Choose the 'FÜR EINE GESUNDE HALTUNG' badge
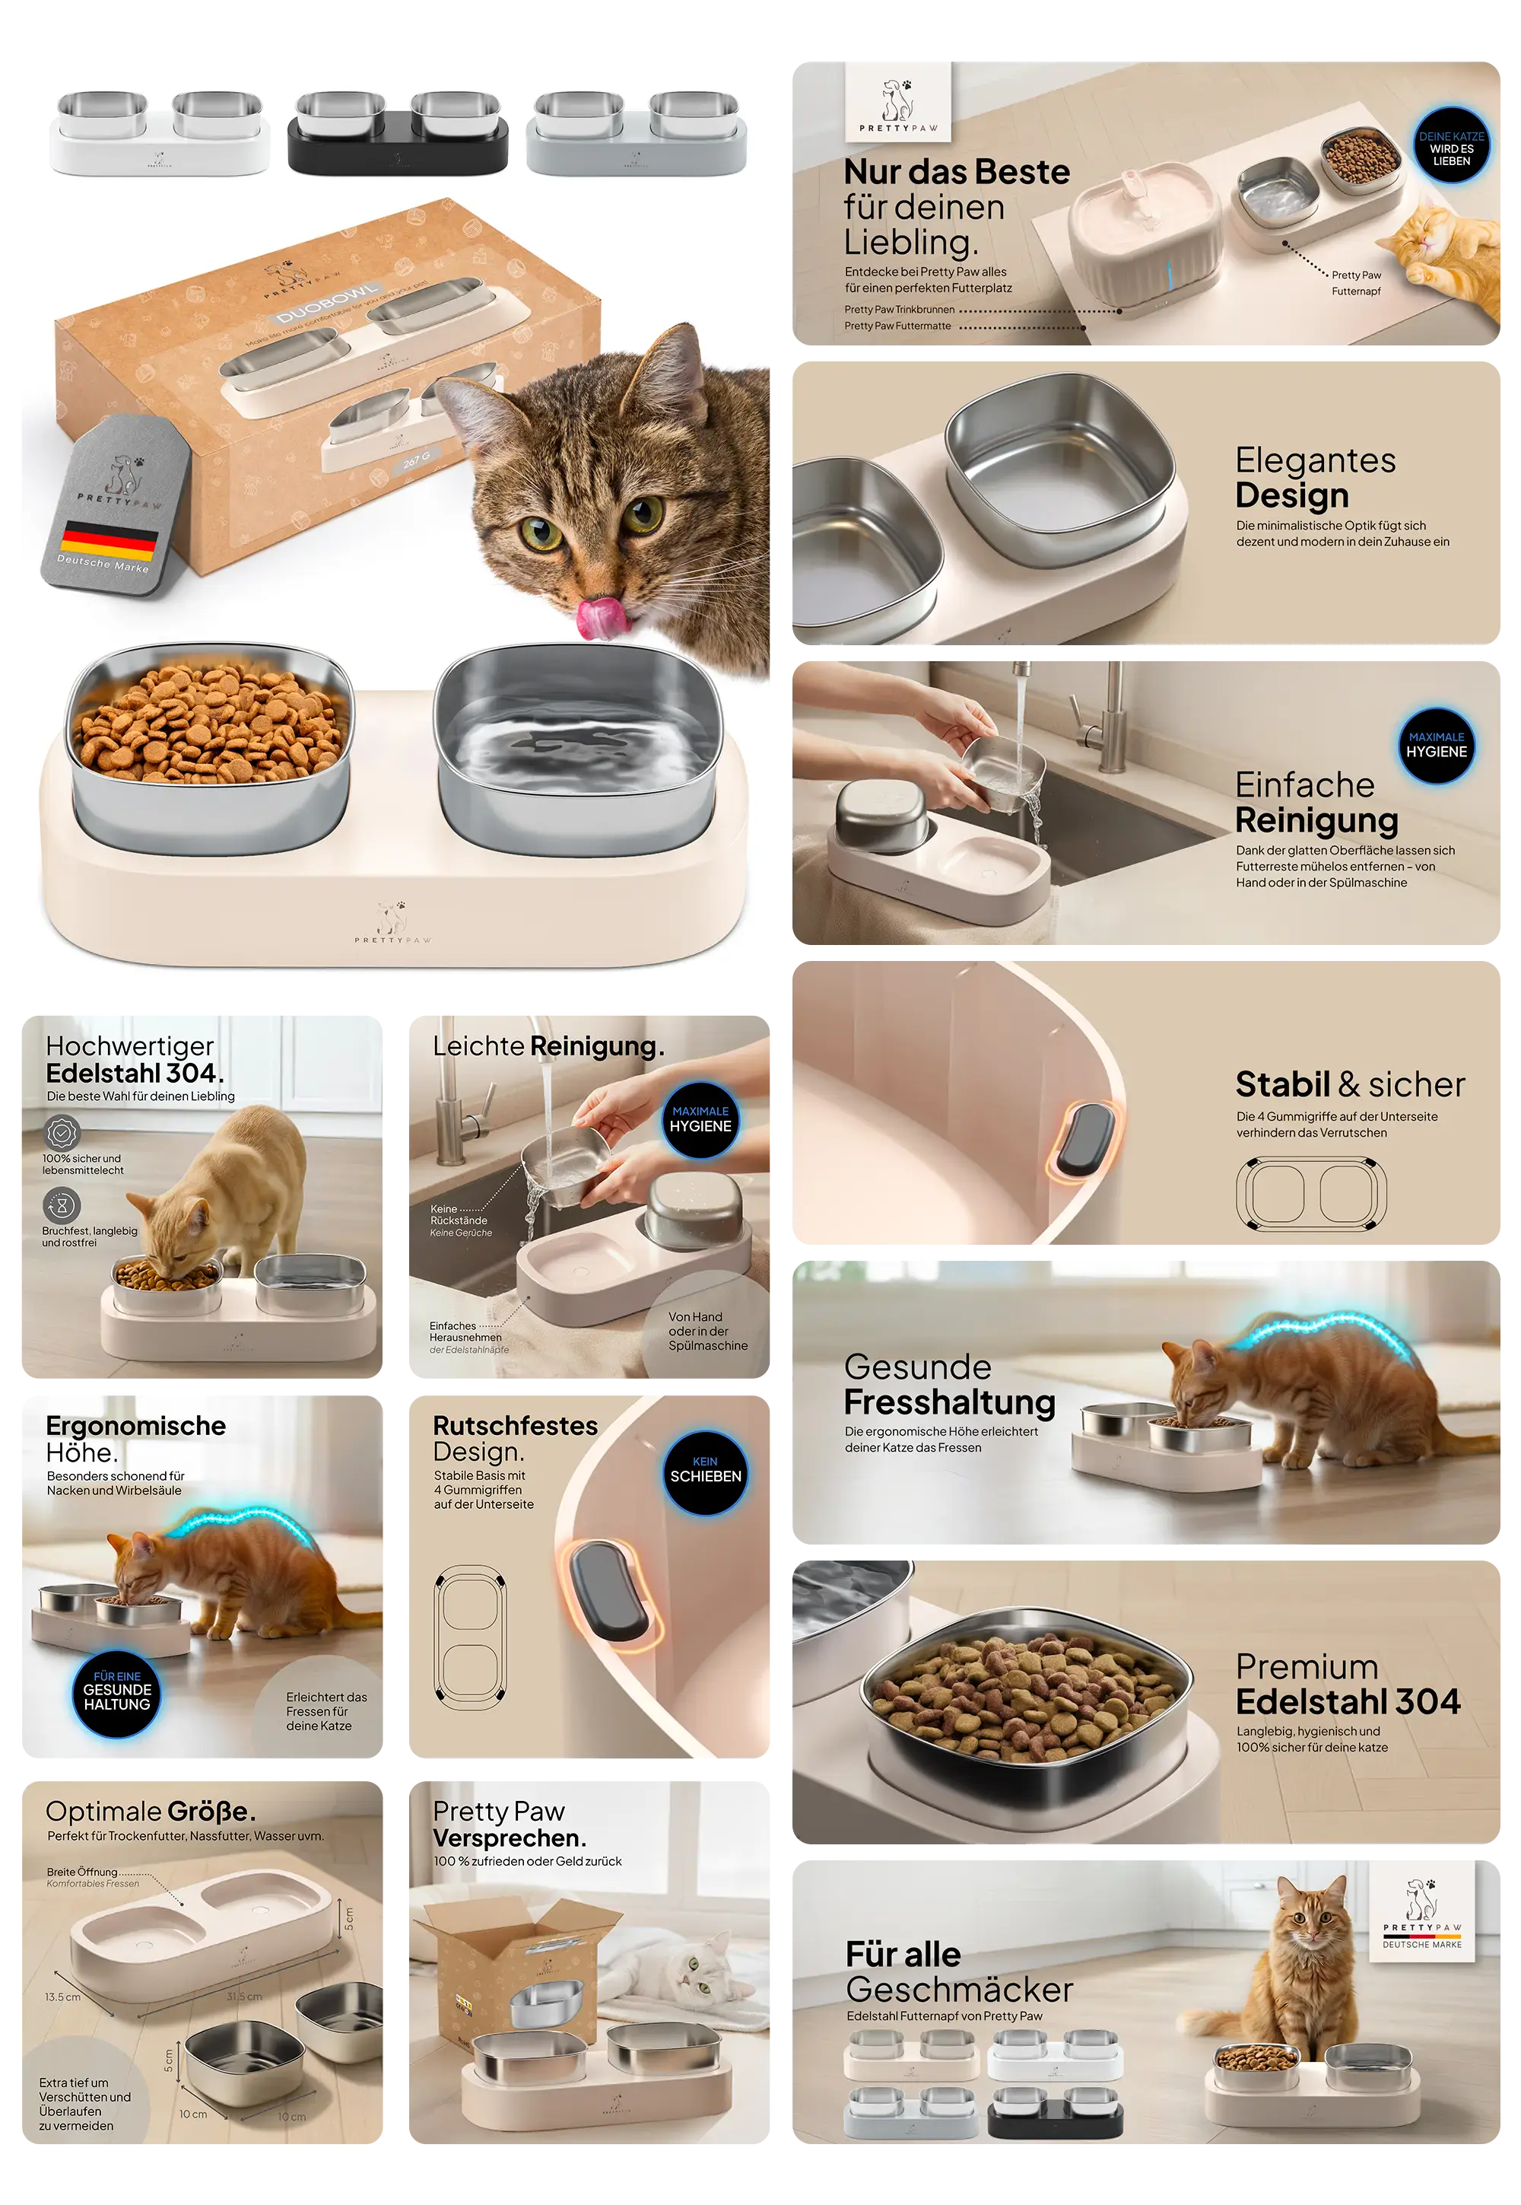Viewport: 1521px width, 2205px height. pos(116,1691)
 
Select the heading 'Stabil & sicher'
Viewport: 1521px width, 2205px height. pos(1349,1085)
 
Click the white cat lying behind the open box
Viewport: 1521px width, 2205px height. pos(667,1974)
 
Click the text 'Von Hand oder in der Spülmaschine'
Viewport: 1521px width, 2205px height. pos(707,1331)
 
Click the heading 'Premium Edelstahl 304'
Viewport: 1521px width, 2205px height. pos(1348,1685)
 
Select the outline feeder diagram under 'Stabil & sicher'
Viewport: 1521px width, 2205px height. pos(1310,1194)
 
